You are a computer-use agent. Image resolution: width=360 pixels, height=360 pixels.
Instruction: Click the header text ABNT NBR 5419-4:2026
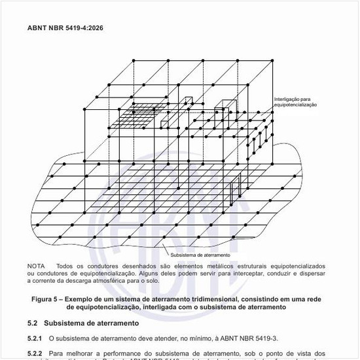coord(65,28)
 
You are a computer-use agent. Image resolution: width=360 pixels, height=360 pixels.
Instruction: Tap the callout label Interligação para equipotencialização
coord(295,102)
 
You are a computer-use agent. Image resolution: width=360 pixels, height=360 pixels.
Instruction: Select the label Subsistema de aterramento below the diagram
coord(200,255)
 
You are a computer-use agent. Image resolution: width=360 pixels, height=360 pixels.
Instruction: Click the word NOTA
coord(36,266)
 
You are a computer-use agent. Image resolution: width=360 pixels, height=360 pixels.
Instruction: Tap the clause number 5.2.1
coord(35,338)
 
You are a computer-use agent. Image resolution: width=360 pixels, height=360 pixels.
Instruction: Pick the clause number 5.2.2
coord(35,353)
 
